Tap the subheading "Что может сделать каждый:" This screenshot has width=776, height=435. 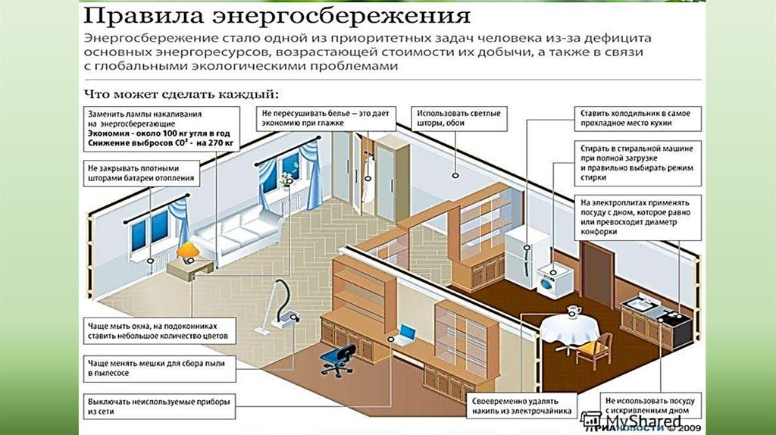click(x=180, y=94)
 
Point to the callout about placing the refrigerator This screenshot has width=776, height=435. click(x=635, y=117)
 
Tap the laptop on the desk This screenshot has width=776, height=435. click(x=407, y=333)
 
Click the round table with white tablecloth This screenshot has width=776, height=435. click(x=570, y=329)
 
